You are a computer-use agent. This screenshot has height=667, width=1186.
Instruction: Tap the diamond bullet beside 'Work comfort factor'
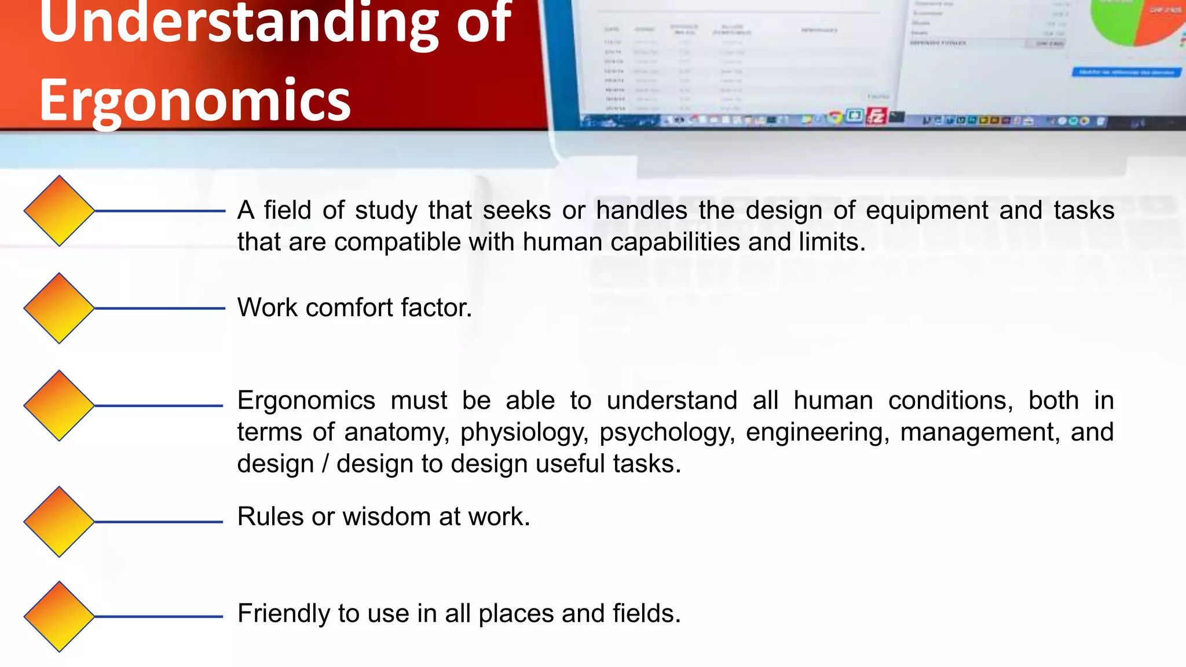(x=59, y=308)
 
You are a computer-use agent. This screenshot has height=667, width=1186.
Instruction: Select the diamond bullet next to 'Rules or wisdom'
(x=59, y=522)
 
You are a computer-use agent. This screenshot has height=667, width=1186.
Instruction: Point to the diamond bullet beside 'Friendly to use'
(x=59, y=617)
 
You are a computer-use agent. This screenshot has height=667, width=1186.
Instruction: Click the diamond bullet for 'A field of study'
(x=59, y=211)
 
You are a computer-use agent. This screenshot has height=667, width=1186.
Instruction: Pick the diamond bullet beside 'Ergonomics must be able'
(x=59, y=405)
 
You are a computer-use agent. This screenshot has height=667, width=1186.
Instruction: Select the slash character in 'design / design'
(x=325, y=464)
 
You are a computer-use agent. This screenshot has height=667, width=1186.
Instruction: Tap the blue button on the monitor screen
(x=1126, y=72)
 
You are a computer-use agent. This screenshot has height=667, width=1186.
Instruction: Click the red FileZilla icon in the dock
(x=876, y=116)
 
